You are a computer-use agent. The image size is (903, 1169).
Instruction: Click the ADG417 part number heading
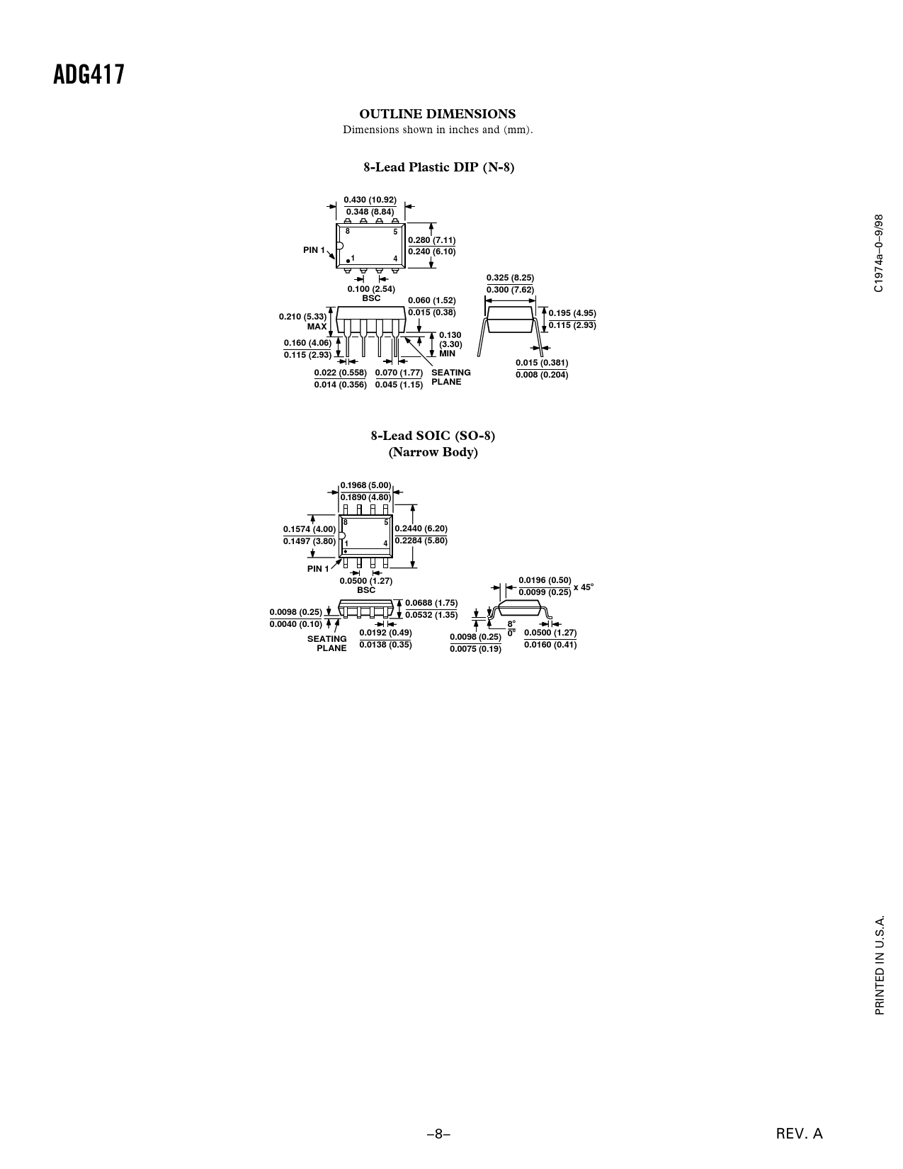(x=89, y=74)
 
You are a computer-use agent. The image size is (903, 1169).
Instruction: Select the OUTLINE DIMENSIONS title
(x=437, y=114)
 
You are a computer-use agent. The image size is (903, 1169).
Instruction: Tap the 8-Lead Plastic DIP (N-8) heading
(x=439, y=167)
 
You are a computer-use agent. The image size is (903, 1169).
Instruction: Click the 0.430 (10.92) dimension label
(x=370, y=200)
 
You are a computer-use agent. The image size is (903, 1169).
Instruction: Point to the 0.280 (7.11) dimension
(x=431, y=240)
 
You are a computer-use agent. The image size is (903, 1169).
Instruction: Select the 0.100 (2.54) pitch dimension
(x=371, y=289)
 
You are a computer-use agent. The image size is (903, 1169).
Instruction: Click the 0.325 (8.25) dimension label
(x=510, y=278)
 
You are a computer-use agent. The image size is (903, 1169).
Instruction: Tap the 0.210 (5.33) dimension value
(x=303, y=316)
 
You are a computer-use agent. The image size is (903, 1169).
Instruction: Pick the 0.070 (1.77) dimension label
(x=399, y=372)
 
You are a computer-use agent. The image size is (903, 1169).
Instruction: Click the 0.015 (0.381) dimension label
(x=542, y=363)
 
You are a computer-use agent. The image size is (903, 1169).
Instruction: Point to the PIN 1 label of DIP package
(x=314, y=250)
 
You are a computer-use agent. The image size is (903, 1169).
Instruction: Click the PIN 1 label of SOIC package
(x=318, y=569)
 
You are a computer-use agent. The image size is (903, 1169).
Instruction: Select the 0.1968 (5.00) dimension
(x=365, y=485)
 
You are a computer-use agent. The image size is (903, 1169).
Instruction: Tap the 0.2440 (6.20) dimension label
(x=421, y=529)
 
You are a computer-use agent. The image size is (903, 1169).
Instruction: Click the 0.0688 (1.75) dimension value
(x=431, y=603)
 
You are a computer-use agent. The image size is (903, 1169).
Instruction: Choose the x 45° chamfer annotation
(x=584, y=587)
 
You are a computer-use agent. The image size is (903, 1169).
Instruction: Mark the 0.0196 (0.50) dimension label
(x=545, y=580)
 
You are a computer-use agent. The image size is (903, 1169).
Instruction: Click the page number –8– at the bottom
(x=438, y=1134)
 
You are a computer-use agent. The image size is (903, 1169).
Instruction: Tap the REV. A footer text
(x=799, y=1134)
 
